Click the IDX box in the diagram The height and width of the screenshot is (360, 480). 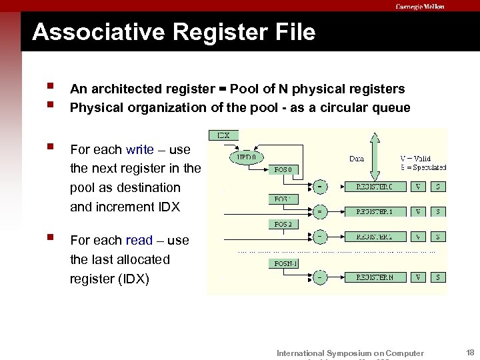point(222,135)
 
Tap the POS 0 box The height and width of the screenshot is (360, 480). point(283,169)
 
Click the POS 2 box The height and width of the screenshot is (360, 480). point(283,224)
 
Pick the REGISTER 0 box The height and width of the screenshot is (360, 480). point(374,187)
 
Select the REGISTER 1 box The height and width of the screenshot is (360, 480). point(374,211)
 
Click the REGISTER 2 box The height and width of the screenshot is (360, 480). point(374,237)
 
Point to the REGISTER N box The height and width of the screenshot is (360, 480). point(374,277)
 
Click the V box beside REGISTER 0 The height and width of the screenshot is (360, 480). point(418,187)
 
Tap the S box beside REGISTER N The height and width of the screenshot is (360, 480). point(437,277)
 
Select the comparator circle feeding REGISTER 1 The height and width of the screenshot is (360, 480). point(321,211)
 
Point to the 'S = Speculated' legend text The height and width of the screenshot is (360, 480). point(423,167)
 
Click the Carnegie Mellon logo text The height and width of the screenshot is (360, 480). point(419,6)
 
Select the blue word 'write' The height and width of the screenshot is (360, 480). point(139,150)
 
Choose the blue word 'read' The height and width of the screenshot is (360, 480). point(139,240)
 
